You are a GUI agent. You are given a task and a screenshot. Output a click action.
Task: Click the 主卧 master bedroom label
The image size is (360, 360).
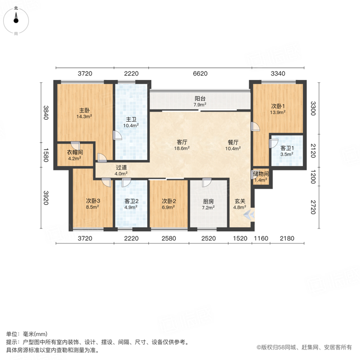point(84,110)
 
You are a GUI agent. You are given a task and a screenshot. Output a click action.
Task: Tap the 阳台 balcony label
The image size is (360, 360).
point(200,99)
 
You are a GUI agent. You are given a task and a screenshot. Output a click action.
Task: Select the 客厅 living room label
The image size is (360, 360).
point(182,142)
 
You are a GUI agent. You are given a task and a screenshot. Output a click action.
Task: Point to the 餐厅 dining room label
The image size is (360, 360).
point(233,142)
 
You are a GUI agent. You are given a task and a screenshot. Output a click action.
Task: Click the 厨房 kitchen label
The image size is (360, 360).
point(208,202)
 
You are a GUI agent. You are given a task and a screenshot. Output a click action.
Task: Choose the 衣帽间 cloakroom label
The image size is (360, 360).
point(75,152)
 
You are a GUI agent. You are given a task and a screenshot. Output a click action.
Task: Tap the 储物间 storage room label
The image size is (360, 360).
point(261,174)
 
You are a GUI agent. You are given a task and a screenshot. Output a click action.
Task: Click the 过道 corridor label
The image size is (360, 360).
point(121,167)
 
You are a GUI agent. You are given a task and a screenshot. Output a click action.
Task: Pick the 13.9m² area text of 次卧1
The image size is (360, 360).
point(278,112)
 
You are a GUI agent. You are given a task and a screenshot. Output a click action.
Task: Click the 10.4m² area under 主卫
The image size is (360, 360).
point(131,126)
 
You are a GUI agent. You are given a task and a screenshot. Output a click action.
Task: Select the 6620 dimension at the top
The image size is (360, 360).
point(200,73)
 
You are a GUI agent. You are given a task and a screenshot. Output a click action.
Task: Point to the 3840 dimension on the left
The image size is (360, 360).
point(46,112)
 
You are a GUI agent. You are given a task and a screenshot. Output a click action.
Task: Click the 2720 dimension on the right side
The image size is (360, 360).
point(313,207)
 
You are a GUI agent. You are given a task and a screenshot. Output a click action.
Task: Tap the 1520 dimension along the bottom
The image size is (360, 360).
point(240,238)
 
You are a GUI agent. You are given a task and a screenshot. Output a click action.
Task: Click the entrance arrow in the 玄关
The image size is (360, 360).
point(249,215)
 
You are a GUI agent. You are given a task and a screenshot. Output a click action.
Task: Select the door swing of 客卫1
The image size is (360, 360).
point(274,144)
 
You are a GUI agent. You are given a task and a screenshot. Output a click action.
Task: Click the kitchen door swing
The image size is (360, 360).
point(207,183)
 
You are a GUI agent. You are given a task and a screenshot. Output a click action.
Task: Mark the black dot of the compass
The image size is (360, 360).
point(16,21)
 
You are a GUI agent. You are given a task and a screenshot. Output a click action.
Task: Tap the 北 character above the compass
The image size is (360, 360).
point(16,8)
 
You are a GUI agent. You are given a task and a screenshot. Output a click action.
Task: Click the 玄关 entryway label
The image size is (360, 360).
point(240,201)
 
